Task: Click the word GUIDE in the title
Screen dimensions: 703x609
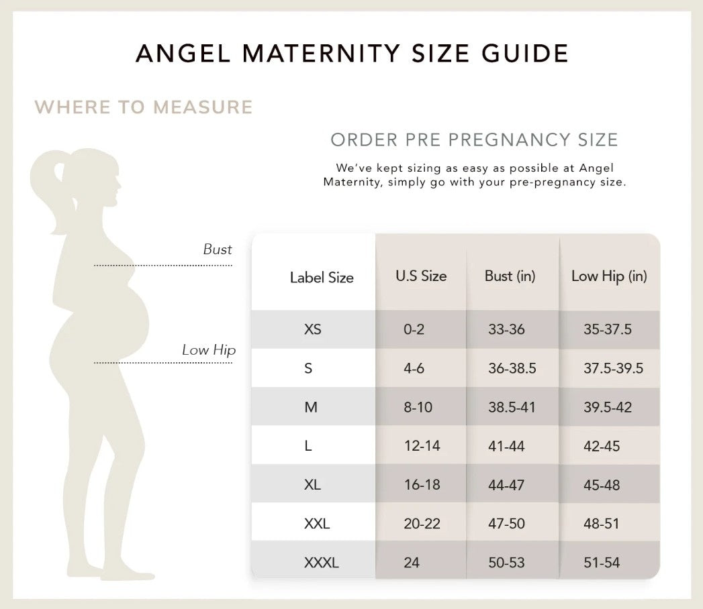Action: [525, 53]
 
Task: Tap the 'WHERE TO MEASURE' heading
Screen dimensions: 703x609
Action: [144, 107]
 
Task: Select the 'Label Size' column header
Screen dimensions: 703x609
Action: [322, 277]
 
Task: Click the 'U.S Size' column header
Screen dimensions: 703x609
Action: [421, 276]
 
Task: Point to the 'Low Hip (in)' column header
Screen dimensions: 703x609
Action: [609, 276]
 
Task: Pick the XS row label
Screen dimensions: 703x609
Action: [312, 329]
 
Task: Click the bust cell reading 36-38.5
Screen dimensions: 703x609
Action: [512, 368]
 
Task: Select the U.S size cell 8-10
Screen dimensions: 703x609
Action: [418, 407]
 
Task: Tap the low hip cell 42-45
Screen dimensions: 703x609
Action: [602, 446]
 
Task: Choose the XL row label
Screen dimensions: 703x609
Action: [312, 484]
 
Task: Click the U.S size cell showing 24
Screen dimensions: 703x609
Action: [412, 563]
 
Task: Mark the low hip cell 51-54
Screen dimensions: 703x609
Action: [602, 563]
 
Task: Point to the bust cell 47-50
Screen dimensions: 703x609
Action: [506, 523]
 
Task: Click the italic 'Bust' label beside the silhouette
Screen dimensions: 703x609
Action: [218, 249]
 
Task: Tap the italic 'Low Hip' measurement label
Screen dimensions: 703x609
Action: [209, 349]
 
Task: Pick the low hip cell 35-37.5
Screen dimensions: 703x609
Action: [608, 329]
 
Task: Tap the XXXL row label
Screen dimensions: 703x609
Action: [322, 563]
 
